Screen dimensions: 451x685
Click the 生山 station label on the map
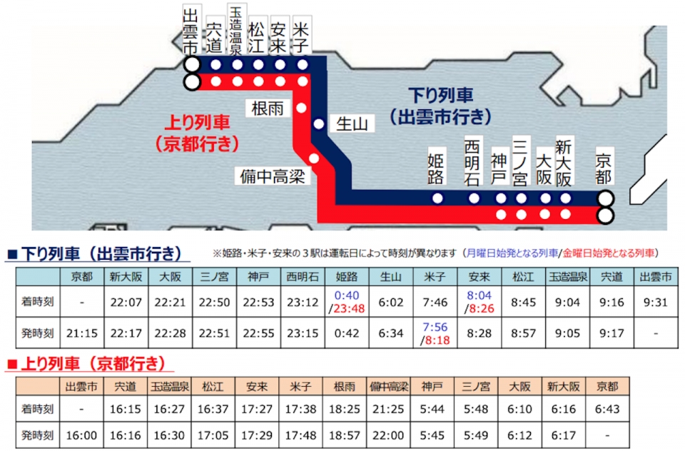[351, 124]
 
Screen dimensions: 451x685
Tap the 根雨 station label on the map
[268, 108]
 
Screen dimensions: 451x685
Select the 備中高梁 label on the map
[273, 175]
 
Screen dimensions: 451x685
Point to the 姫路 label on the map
[437, 169]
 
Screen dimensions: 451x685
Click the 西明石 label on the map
[473, 163]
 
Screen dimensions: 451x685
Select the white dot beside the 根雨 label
[301, 108]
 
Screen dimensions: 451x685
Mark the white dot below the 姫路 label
[437, 198]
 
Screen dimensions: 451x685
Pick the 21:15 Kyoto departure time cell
[82, 333]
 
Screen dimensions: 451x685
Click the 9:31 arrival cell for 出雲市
[655, 302]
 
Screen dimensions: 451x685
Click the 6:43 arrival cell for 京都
[607, 410]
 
